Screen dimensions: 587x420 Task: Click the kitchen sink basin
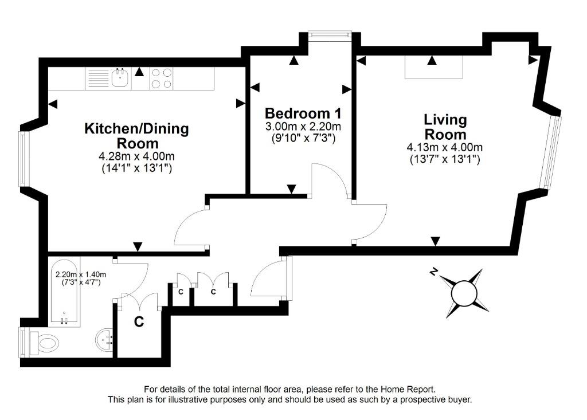120,78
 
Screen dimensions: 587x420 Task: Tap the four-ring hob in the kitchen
162,78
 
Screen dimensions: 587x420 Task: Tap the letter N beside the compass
433,272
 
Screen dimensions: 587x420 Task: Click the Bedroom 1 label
303,113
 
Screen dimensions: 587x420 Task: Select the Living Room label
445,127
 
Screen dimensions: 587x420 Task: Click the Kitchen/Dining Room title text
137,135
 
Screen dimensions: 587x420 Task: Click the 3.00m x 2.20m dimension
303,126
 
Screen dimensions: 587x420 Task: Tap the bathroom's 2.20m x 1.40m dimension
81,275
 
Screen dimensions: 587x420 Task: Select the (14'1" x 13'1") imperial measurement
137,168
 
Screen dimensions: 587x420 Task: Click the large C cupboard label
139,321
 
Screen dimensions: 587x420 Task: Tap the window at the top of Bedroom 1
330,35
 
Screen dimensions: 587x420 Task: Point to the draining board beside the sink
98,78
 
